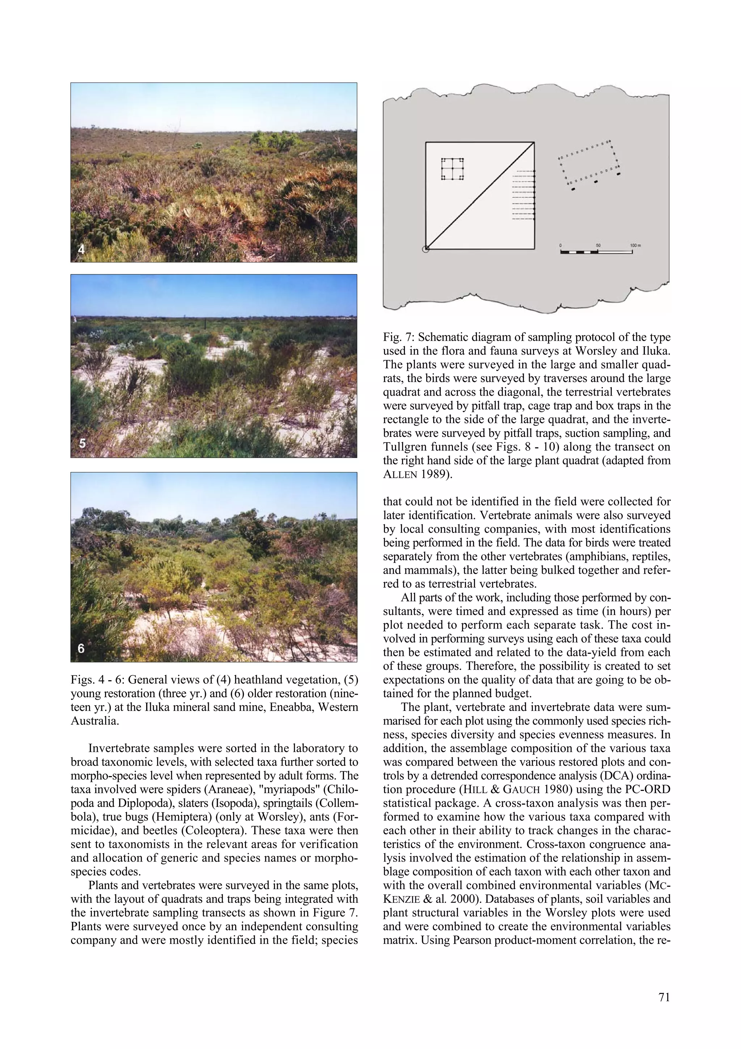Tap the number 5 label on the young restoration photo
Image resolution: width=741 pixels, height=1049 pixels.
tap(82, 443)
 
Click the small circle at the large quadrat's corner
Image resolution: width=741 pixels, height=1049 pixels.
tap(425, 249)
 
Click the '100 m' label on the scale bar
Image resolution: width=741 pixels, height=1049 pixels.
tap(635, 245)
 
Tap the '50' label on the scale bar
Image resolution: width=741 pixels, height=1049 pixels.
tap(598, 245)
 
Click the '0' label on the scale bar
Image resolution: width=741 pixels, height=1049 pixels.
tap(561, 245)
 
